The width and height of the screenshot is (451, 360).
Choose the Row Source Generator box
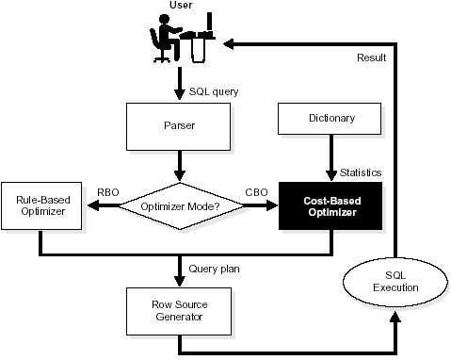click(x=178, y=310)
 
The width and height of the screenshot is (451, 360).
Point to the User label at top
click(x=182, y=7)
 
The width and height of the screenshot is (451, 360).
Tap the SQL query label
click(x=213, y=91)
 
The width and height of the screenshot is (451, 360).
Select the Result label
click(x=371, y=58)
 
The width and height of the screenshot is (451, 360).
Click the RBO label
click(x=108, y=192)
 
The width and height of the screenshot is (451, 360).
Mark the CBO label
click(x=256, y=192)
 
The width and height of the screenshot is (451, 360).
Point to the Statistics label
click(x=360, y=173)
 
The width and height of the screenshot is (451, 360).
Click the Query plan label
click(x=214, y=269)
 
